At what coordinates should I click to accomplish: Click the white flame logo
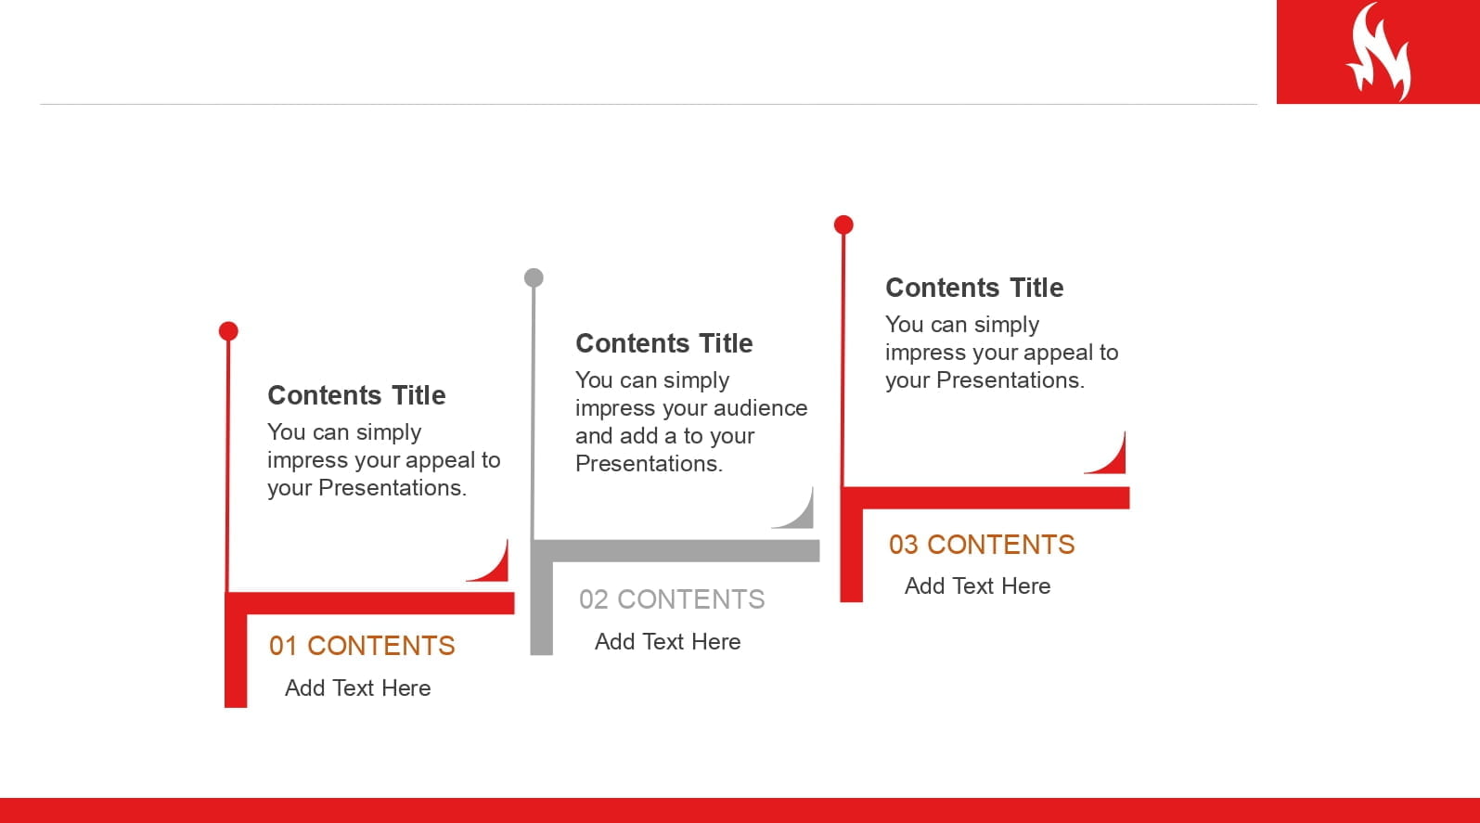(x=1381, y=53)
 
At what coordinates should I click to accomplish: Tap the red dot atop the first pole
(x=228, y=331)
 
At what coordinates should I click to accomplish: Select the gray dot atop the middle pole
(x=534, y=277)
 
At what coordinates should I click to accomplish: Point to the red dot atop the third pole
(x=843, y=225)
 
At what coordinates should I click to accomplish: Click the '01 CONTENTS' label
(x=362, y=646)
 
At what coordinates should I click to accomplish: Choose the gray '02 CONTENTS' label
(x=672, y=599)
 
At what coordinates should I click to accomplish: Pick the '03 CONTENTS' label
(x=982, y=545)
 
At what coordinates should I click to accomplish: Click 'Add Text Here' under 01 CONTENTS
(x=358, y=688)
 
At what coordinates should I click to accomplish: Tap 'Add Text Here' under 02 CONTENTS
(x=668, y=642)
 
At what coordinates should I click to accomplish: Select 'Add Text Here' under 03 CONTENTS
(x=978, y=586)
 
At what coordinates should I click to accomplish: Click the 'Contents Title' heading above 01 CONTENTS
(x=357, y=395)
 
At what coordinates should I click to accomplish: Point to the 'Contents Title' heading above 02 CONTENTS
(x=664, y=343)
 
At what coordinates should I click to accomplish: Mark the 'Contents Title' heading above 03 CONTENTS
(x=974, y=288)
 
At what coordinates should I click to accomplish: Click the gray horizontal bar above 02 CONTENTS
(x=676, y=551)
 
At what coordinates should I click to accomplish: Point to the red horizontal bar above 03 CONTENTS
(x=985, y=498)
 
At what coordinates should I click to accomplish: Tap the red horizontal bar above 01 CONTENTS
(x=370, y=604)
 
